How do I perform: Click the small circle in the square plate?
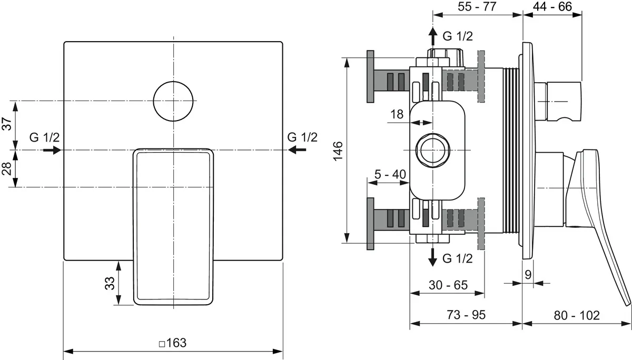point(173,101)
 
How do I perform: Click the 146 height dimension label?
point(338,151)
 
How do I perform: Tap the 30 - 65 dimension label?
point(448,285)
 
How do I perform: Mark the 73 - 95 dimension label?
point(466,315)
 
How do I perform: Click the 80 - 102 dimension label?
point(577,315)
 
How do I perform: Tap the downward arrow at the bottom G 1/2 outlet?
point(432,256)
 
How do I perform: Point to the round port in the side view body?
point(432,149)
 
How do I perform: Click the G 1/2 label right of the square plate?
point(302,137)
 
